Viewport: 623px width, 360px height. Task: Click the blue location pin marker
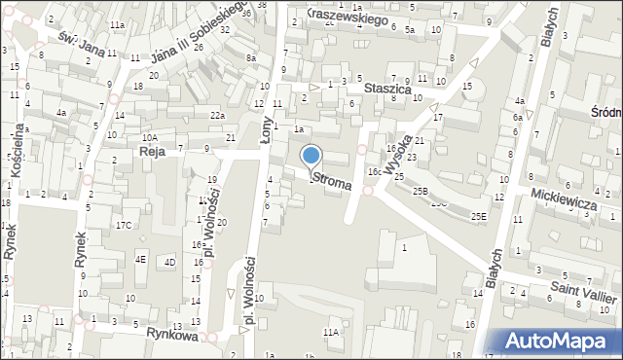311,156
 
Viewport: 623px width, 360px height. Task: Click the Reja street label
152,153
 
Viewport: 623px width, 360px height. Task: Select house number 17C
123,226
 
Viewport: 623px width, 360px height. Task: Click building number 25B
420,192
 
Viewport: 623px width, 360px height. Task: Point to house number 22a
217,116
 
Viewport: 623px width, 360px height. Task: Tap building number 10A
150,138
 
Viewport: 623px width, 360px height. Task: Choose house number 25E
477,215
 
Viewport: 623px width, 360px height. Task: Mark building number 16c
374,171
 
